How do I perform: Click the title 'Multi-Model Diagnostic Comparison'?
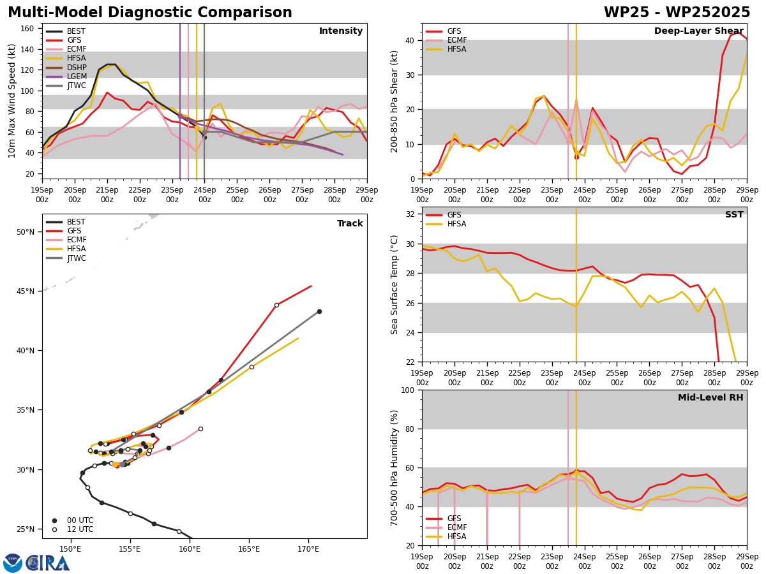pos(150,13)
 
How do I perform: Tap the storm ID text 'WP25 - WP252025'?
pos(677,13)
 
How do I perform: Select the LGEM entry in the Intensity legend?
pos(66,77)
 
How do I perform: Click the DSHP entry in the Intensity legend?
pos(66,67)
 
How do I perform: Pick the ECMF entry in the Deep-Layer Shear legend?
pos(446,40)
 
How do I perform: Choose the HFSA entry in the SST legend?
pos(446,224)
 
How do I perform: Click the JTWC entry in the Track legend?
pos(66,258)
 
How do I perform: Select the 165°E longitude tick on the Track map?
pos(249,549)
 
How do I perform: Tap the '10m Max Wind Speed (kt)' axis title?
pos(11,101)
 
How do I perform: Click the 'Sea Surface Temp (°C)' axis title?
pos(394,285)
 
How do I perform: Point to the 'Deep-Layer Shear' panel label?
pos(698,31)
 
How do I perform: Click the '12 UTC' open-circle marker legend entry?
pos(73,529)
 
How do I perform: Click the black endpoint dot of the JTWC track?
pos(319,312)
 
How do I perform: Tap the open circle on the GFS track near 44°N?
pos(277,305)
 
